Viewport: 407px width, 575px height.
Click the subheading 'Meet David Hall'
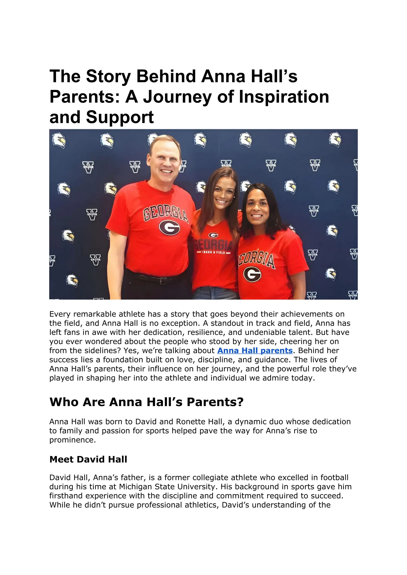pyautogui.click(x=88, y=459)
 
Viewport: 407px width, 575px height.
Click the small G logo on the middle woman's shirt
pyautogui.click(x=213, y=235)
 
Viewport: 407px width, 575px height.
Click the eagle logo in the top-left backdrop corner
pyautogui.click(x=59, y=140)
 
